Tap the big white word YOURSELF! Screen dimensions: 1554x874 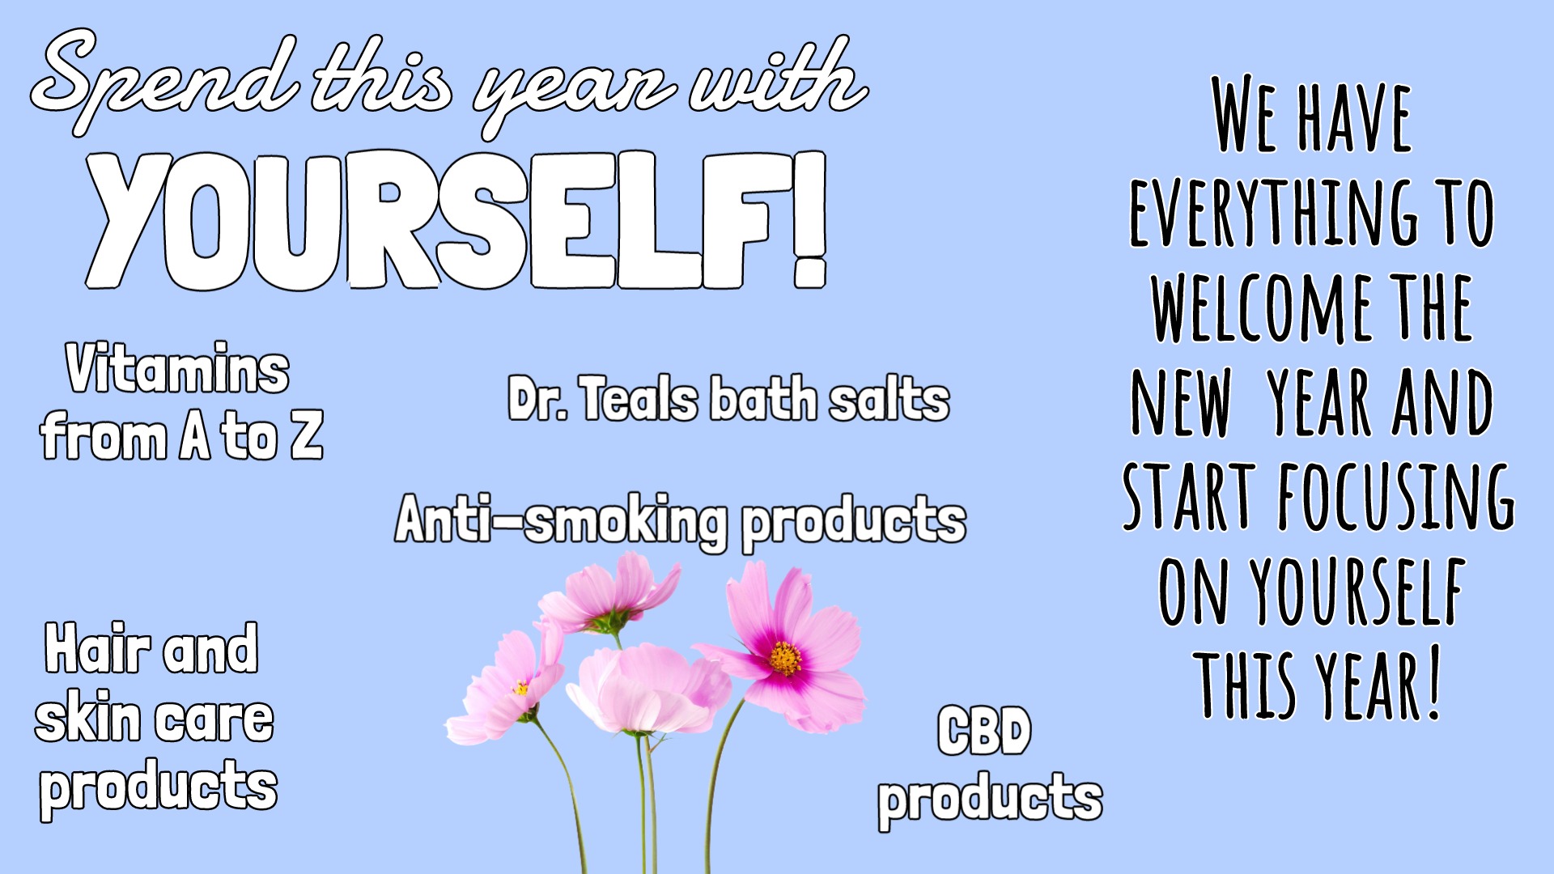click(x=457, y=220)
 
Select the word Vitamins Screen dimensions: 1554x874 click(x=177, y=369)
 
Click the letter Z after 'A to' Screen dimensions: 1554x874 click(x=307, y=435)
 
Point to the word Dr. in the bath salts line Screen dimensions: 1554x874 click(x=537, y=399)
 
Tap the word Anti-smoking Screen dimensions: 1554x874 click(x=562, y=520)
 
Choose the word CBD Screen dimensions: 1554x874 click(x=984, y=731)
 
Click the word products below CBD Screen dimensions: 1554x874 click(x=990, y=800)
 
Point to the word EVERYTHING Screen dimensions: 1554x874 click(x=1274, y=212)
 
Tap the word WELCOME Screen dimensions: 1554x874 click(x=1262, y=308)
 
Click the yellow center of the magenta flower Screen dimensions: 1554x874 click(x=784, y=658)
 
